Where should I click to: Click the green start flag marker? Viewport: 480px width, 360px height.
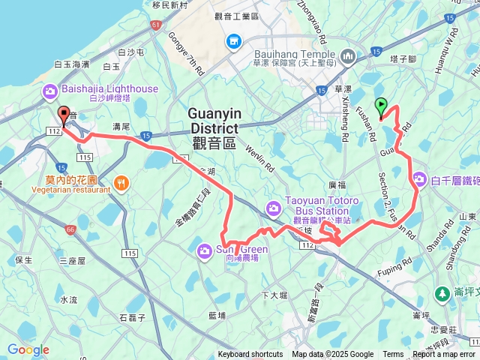click(x=382, y=107)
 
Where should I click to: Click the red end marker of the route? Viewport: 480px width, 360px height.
click(x=64, y=115)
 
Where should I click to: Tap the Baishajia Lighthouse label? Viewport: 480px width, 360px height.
click(x=110, y=88)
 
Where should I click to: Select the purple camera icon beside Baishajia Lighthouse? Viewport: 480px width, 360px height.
click(x=51, y=92)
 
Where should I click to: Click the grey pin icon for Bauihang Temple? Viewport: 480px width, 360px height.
click(x=347, y=57)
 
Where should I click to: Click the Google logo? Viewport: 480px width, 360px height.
click(x=28, y=349)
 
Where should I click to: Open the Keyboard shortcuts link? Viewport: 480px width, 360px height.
click(x=250, y=355)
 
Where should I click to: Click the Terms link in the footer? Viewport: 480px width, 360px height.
click(x=393, y=355)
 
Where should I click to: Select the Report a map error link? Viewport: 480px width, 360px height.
click(x=444, y=355)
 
